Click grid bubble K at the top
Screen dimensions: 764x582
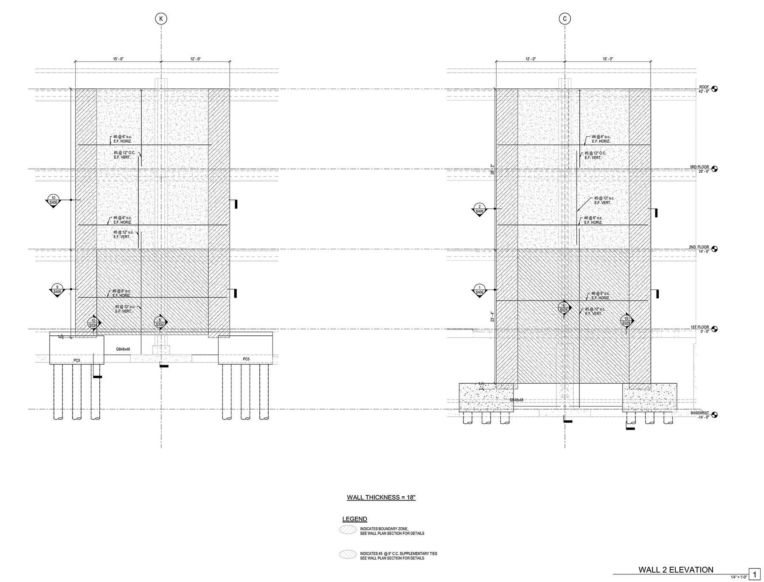[161, 19]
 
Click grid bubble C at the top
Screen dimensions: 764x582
[565, 19]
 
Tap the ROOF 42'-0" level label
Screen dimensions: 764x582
[704, 89]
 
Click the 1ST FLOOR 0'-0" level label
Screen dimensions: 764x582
[700, 329]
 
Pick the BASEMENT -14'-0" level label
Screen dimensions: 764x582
[699, 415]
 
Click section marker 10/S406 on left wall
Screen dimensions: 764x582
[53, 200]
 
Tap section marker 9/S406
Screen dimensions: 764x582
[57, 290]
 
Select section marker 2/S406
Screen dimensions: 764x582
[480, 209]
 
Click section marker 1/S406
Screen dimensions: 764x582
[480, 290]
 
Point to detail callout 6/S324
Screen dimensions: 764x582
[160, 323]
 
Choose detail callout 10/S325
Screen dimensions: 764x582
[626, 321]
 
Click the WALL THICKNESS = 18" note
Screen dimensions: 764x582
[381, 497]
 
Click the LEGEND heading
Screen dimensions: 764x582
[354, 519]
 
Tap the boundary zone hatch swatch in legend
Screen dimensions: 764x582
[348, 530]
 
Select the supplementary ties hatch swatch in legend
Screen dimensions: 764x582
[348, 554]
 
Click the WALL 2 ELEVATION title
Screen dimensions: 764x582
[676, 570]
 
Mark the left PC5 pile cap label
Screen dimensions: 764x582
[77, 360]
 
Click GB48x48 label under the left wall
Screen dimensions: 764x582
[123, 349]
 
